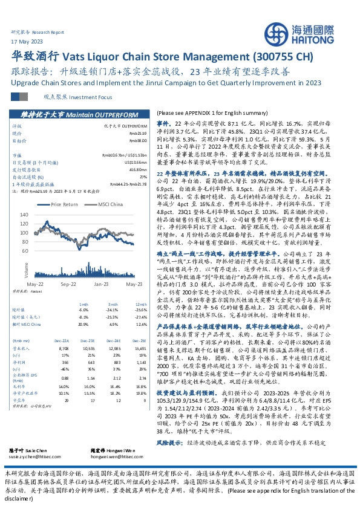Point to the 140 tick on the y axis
tap(30, 215)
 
